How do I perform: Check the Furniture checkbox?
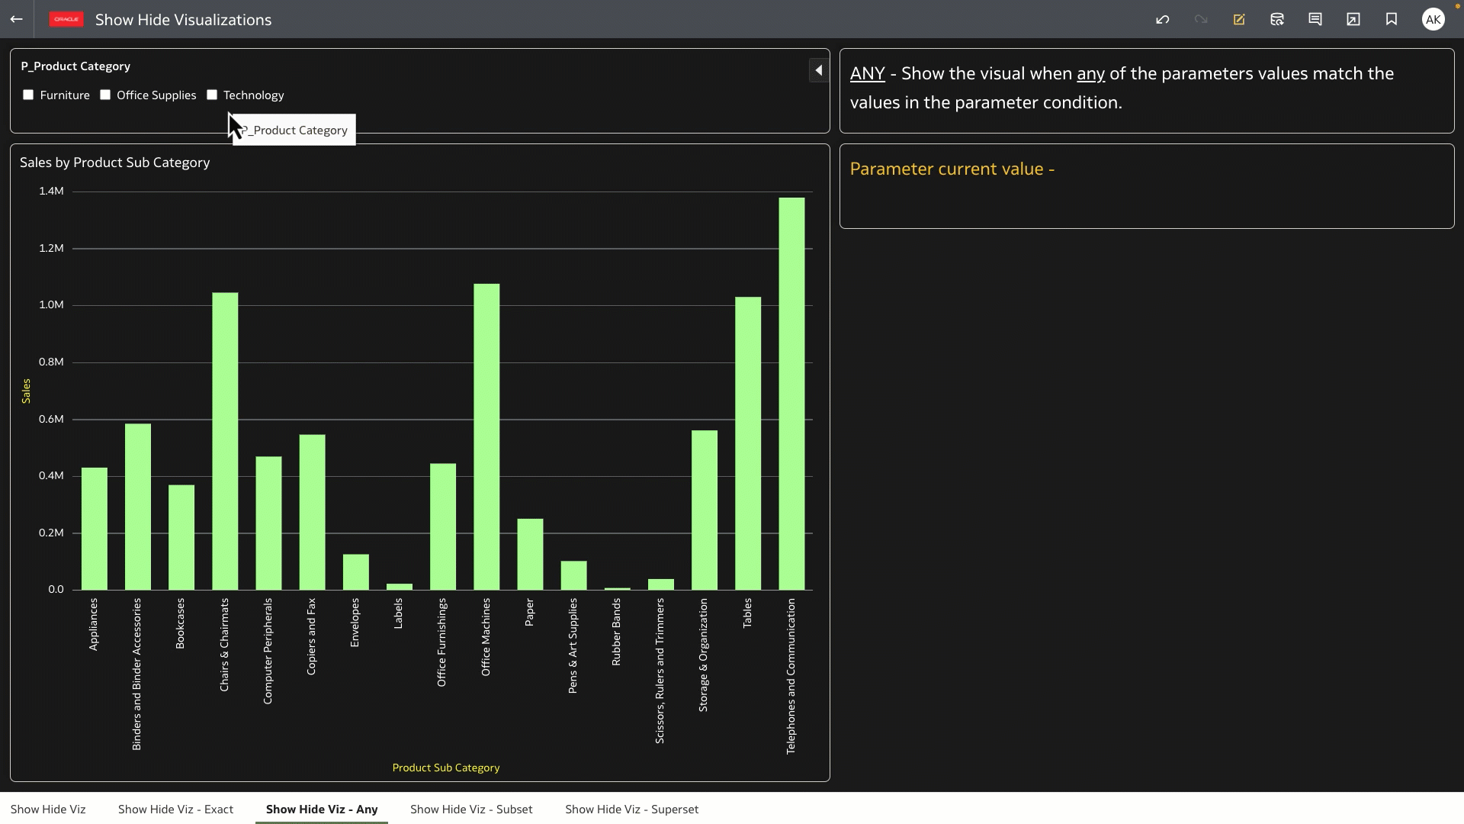(x=28, y=95)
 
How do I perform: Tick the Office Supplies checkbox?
(x=105, y=95)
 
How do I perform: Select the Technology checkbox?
(x=212, y=95)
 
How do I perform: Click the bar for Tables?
(x=748, y=443)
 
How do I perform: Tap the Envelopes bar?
(x=355, y=571)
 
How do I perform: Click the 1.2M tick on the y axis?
(x=51, y=249)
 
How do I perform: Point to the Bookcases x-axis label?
(x=180, y=623)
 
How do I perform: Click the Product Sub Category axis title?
(x=446, y=768)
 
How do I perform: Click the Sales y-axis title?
(x=26, y=391)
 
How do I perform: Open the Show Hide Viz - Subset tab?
(x=471, y=810)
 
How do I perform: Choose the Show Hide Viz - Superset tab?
(x=631, y=810)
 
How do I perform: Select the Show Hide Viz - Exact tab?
(x=175, y=810)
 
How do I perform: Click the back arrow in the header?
(x=17, y=20)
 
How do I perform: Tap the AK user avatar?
(x=1433, y=20)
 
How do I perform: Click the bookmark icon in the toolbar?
(x=1392, y=20)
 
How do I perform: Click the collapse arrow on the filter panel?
(x=818, y=71)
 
